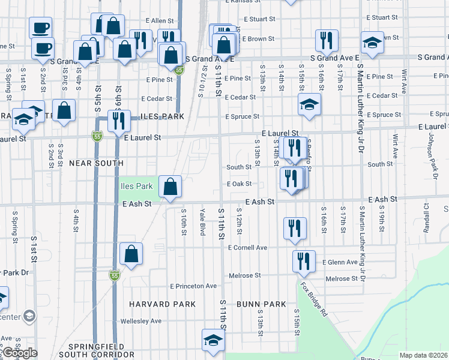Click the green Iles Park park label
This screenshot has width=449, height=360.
(x=136, y=187)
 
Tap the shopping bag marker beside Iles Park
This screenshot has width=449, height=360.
(x=171, y=187)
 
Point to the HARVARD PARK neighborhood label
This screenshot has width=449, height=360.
(x=162, y=304)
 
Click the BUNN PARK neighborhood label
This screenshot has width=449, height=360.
(x=261, y=304)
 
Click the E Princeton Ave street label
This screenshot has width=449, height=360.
(x=193, y=286)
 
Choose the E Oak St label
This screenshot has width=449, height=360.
(x=238, y=184)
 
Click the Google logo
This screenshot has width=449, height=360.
(x=19, y=353)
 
